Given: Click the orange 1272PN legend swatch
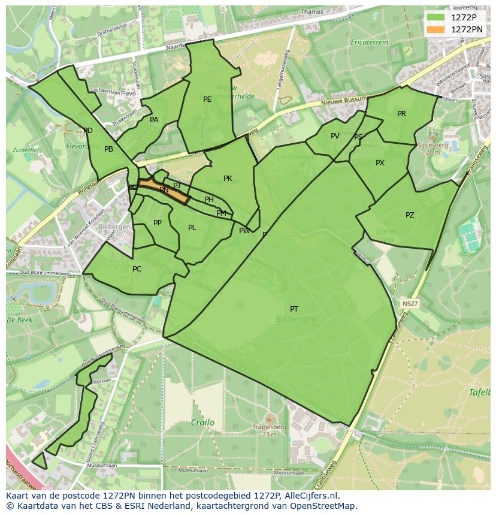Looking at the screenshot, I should click(435, 29).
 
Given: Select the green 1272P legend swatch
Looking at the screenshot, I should click(435, 17).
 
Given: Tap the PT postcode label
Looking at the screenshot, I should click(294, 309).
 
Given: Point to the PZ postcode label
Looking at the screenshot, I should click(410, 215).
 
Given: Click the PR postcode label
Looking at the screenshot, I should click(401, 114).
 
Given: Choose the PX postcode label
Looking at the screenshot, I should click(380, 163).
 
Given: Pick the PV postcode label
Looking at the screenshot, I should click(335, 136).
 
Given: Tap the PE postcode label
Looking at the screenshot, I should click(207, 99).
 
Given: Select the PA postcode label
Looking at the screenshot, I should click(154, 120).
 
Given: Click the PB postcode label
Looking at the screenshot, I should click(108, 149).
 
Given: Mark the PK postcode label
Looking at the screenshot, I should click(228, 179).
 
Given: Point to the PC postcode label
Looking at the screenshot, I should click(137, 269).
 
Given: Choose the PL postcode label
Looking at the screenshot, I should click(192, 228).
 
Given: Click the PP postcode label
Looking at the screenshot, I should click(158, 223).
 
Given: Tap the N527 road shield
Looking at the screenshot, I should click(410, 304).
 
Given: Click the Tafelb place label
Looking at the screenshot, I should click(479, 393).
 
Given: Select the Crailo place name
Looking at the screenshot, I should click(202, 423).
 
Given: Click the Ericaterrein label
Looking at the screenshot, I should click(370, 43).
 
